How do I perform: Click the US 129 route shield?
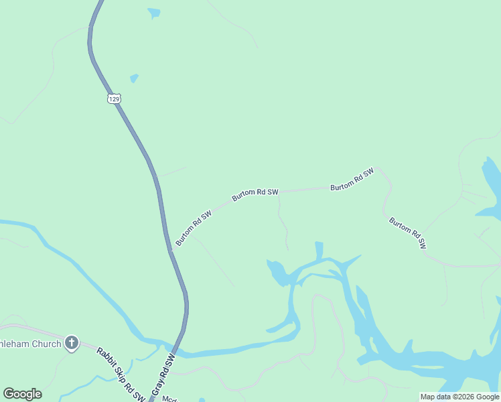[x=115, y=98]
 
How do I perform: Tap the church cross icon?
[x=72, y=344]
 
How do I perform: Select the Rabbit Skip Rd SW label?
[x=121, y=375]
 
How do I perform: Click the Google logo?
[x=22, y=394]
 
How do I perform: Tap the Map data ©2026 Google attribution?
[x=459, y=397]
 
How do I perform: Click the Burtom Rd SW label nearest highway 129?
[x=194, y=227]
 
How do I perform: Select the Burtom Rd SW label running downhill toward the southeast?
[x=407, y=232]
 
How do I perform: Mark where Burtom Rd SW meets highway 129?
[x=172, y=250]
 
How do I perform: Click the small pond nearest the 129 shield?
[x=134, y=78]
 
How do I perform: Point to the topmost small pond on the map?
[x=154, y=13]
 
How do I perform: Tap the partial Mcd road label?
[x=169, y=398]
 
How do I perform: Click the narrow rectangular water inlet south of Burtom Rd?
[x=319, y=250]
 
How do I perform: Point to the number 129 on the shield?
[x=115, y=99]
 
